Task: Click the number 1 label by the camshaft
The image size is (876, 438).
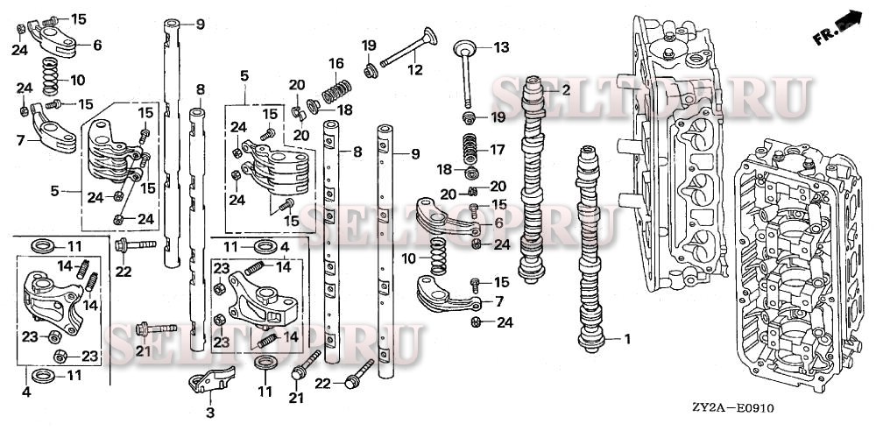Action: pyautogui.click(x=626, y=338)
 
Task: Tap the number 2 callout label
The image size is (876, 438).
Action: pyautogui.click(x=566, y=89)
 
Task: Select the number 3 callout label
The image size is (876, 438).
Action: pyautogui.click(x=210, y=413)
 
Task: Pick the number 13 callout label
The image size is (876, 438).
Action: pyautogui.click(x=500, y=46)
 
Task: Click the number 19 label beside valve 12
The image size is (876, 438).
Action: pyautogui.click(x=369, y=45)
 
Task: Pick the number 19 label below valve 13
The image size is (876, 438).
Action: pyautogui.click(x=498, y=117)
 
